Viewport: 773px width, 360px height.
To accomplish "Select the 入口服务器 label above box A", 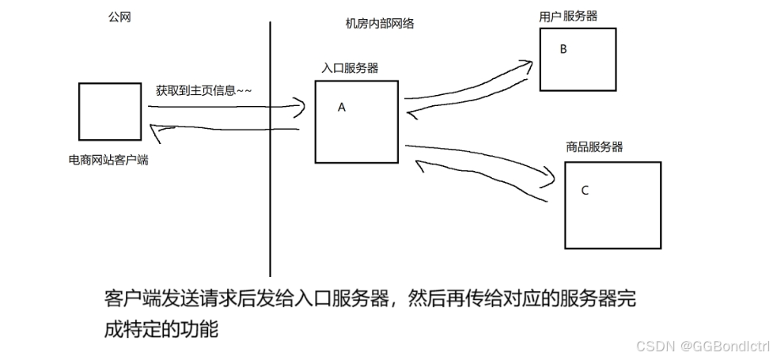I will click(x=350, y=68).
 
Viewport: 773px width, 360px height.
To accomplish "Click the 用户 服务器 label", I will click(x=568, y=16).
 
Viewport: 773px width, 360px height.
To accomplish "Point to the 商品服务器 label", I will click(x=593, y=146).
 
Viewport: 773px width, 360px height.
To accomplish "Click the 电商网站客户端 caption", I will click(x=109, y=160).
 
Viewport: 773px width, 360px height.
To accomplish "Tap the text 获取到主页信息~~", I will click(x=204, y=90).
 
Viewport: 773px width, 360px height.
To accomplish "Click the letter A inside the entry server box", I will click(x=342, y=108).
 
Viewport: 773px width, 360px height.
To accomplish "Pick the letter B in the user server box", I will click(x=563, y=49).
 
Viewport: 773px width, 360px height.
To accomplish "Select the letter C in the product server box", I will click(x=585, y=190).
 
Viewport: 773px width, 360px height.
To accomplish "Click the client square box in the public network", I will click(x=110, y=111).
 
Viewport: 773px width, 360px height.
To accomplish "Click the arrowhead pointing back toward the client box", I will click(x=156, y=133).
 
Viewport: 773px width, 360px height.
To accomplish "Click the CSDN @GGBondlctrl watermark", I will click(x=703, y=346).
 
